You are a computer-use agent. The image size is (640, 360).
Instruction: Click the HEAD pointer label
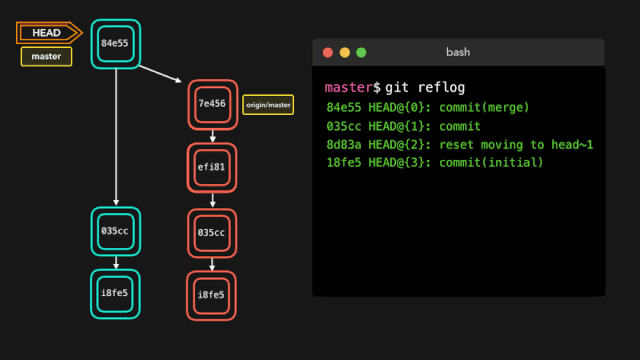pyautogui.click(x=47, y=33)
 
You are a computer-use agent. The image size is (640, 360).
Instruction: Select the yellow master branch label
pyautogui.click(x=46, y=57)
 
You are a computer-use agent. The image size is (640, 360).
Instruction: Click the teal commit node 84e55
pyautogui.click(x=115, y=44)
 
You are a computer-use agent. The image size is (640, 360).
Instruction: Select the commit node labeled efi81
pyautogui.click(x=212, y=168)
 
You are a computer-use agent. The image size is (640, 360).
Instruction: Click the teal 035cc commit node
pyautogui.click(x=115, y=231)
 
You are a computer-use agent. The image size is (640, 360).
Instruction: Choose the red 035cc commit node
pyautogui.click(x=212, y=233)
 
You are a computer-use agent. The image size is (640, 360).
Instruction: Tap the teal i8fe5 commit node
pyautogui.click(x=115, y=294)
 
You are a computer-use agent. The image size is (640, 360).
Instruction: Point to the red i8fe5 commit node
pyautogui.click(x=212, y=295)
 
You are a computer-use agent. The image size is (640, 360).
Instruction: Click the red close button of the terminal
pyautogui.click(x=326, y=52)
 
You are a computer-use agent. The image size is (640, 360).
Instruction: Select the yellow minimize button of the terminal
pyautogui.click(x=344, y=52)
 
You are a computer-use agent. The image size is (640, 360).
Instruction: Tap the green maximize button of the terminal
pyautogui.click(x=361, y=52)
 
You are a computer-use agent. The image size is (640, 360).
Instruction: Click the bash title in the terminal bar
pyautogui.click(x=458, y=52)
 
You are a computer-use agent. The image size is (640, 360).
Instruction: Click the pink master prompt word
pyautogui.click(x=348, y=88)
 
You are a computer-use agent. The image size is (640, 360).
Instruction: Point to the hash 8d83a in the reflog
pyautogui.click(x=345, y=145)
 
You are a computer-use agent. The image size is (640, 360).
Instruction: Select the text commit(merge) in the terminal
pyautogui.click(x=484, y=108)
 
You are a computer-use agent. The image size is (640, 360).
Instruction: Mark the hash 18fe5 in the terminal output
pyautogui.click(x=345, y=163)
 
